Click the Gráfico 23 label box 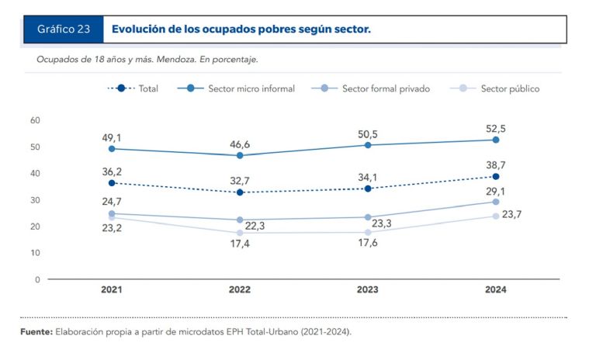63,29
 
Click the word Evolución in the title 141,29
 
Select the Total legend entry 133,88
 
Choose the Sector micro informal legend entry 237,88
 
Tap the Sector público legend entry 497,88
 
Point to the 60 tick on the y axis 35,120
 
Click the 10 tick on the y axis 35,253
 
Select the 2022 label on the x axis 240,289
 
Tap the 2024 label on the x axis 496,289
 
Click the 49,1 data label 112,138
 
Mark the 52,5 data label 496,129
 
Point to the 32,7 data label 240,181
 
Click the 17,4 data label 240,244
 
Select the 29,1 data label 496,190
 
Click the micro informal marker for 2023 368,145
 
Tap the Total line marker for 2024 496,177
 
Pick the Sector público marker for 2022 240,233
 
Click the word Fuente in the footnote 36,332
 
